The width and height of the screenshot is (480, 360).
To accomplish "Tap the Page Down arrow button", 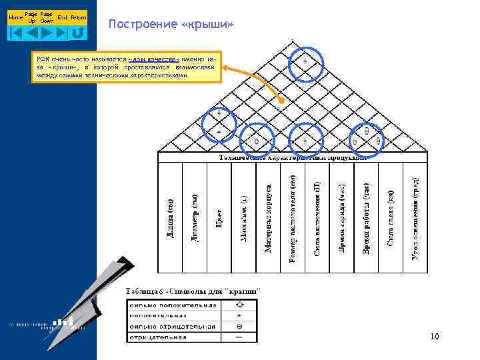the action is (x=47, y=31).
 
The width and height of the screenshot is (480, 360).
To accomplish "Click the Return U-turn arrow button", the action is (x=79, y=31).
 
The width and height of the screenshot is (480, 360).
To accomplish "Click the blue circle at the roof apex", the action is (x=306, y=63).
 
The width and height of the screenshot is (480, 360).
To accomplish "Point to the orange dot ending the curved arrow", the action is (x=281, y=101).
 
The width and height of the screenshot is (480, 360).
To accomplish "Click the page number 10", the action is (x=435, y=337).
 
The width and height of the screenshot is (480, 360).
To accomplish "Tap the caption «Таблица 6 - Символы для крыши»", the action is (x=193, y=291).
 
